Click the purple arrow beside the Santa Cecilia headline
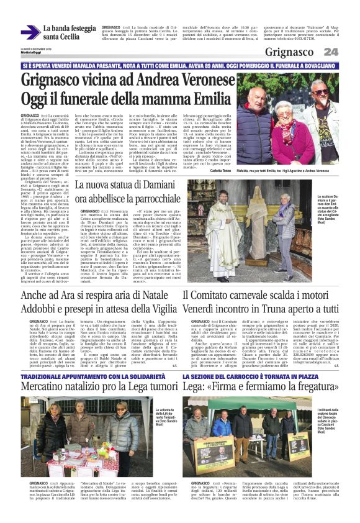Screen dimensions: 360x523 [30, 30]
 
